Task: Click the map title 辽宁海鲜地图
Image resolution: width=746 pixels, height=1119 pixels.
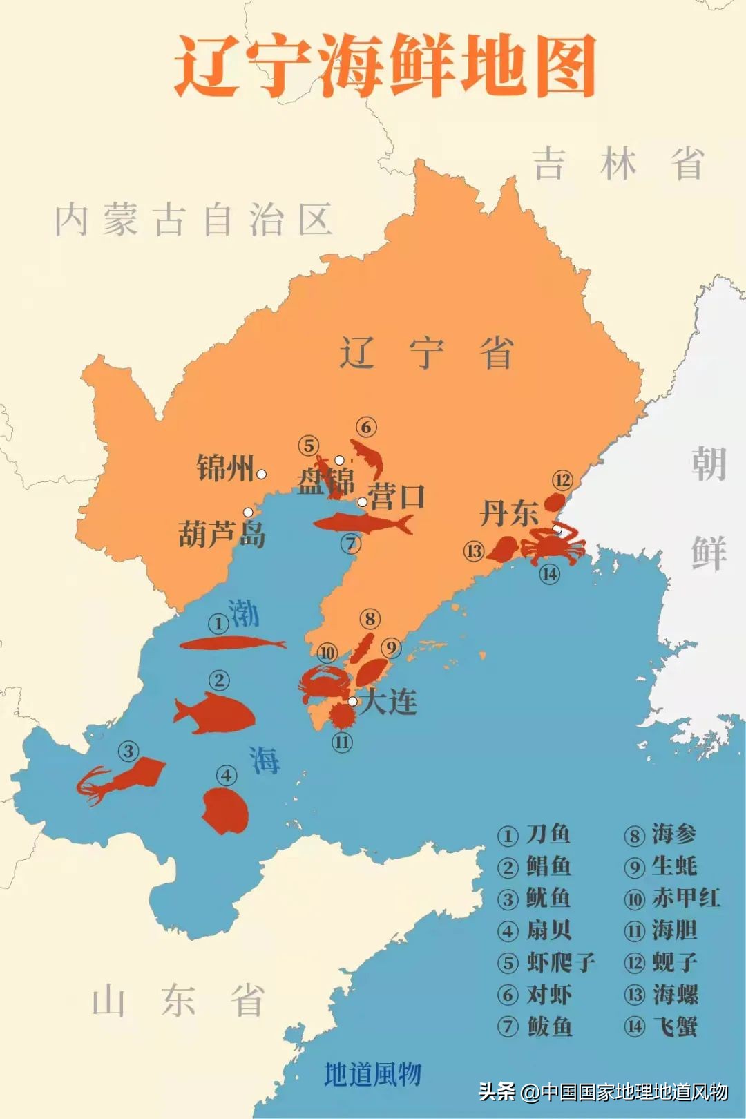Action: [x=385, y=68]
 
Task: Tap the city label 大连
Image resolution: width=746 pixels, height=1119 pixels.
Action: [x=389, y=702]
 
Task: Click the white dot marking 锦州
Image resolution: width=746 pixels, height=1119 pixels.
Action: [x=262, y=474]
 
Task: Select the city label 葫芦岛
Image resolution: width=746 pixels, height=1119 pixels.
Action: [x=221, y=534]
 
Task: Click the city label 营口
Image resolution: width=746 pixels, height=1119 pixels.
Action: [x=396, y=497]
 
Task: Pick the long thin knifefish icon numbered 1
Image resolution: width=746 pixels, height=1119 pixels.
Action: [x=231, y=644]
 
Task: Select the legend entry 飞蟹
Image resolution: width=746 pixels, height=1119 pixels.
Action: [x=675, y=1026]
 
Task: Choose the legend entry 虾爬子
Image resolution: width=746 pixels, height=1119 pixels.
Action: [x=560, y=962]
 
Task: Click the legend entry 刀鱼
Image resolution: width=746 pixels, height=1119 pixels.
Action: [x=548, y=834]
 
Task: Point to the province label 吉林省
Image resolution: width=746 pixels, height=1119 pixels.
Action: [x=618, y=164]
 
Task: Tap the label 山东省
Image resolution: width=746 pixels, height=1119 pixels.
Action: [x=179, y=1001]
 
